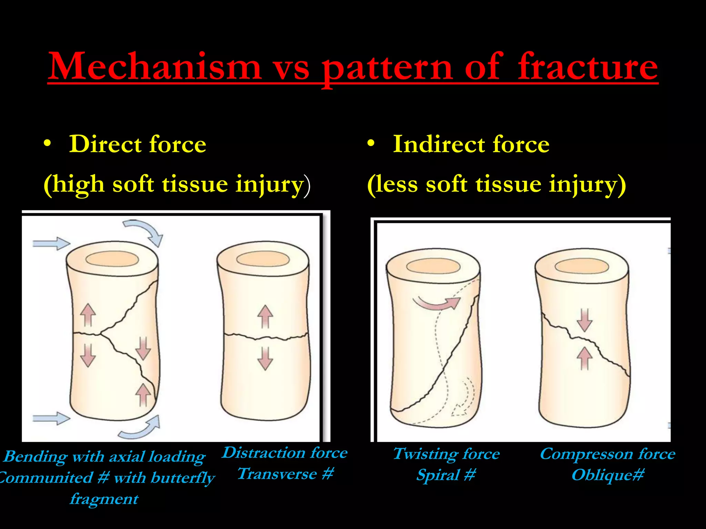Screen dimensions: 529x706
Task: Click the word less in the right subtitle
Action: [397, 184]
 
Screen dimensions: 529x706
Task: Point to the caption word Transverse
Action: [278, 474]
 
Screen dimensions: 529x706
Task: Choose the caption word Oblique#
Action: [608, 475]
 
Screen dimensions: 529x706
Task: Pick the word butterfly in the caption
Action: [183, 478]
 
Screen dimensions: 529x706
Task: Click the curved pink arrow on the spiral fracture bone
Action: [437, 303]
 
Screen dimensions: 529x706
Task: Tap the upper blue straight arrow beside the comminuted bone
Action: [51, 243]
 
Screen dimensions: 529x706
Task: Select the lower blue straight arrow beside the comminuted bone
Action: [51, 418]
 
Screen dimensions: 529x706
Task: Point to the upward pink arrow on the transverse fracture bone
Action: [265, 316]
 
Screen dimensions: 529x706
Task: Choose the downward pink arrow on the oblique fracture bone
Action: [585, 320]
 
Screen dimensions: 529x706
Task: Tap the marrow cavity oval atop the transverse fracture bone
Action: [263, 259]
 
